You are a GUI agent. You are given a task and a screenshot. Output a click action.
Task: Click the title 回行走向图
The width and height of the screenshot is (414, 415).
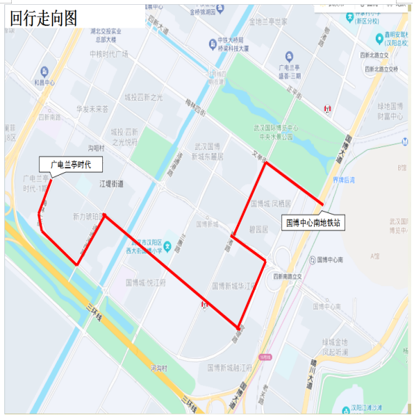(43, 17)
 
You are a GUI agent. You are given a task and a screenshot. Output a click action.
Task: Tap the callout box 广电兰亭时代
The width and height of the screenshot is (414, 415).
(70, 164)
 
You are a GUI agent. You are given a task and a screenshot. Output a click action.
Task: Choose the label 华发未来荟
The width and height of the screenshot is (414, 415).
(92, 109)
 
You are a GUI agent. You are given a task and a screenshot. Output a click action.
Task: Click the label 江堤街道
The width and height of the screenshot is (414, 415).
(110, 184)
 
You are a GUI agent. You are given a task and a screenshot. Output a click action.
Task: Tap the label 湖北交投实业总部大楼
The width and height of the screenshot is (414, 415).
(105, 35)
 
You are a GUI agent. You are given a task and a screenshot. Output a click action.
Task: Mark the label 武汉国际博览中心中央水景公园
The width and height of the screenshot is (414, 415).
(275, 132)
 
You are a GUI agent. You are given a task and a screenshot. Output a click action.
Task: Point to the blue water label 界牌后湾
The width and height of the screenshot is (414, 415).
(343, 180)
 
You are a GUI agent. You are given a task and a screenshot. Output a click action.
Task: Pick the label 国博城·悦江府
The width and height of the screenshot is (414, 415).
(145, 282)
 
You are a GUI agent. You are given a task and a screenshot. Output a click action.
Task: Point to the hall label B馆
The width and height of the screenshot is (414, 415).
(401, 167)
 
